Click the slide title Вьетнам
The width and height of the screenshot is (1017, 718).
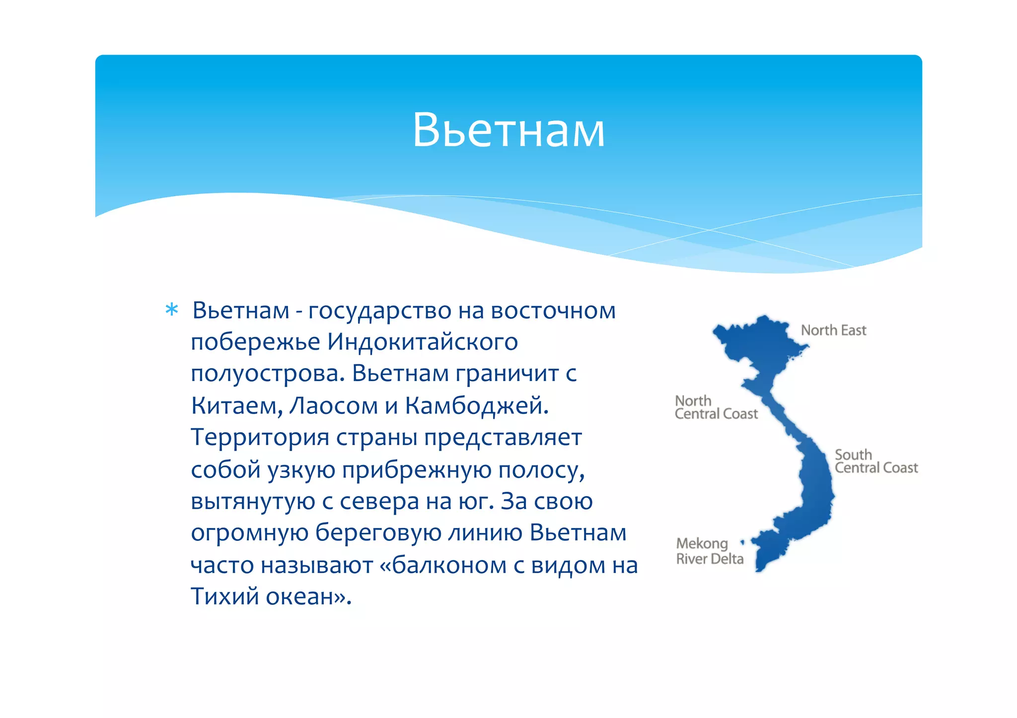click(x=508, y=130)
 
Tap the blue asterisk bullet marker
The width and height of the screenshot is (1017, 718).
click(x=171, y=310)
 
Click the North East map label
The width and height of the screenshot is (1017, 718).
click(x=833, y=330)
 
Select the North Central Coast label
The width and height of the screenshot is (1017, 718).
click(x=716, y=407)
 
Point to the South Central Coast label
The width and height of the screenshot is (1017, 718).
click(x=876, y=461)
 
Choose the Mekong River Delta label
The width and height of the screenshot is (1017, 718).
click(x=710, y=551)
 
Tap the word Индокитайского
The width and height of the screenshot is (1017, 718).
click(x=422, y=342)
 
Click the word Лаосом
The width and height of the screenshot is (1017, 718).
click(x=333, y=406)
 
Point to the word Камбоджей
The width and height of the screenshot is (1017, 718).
click(x=476, y=406)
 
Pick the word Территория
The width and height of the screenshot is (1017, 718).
click(x=260, y=438)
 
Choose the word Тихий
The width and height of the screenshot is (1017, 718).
click(x=225, y=596)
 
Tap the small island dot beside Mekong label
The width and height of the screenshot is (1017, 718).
click(x=742, y=542)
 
